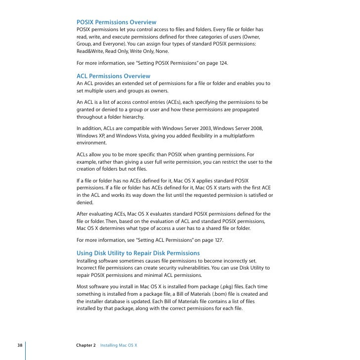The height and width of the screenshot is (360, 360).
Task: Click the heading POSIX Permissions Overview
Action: pos(116,22)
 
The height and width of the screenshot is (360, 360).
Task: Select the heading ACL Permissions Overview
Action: pos(113,76)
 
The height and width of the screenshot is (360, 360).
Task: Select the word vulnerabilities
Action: pos(192,268)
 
